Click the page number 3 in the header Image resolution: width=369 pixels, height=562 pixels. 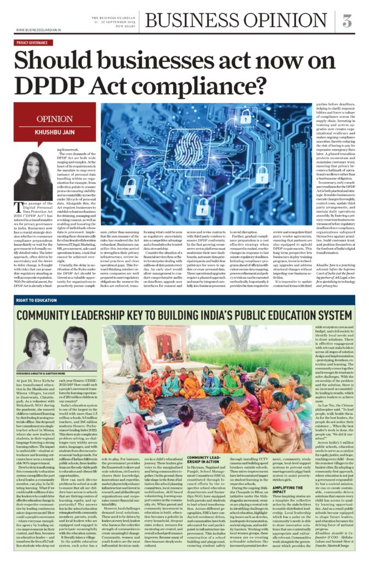(x=347, y=21)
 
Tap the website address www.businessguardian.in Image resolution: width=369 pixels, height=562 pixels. (x=38, y=30)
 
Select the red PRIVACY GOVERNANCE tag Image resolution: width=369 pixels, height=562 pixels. (x=38, y=42)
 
